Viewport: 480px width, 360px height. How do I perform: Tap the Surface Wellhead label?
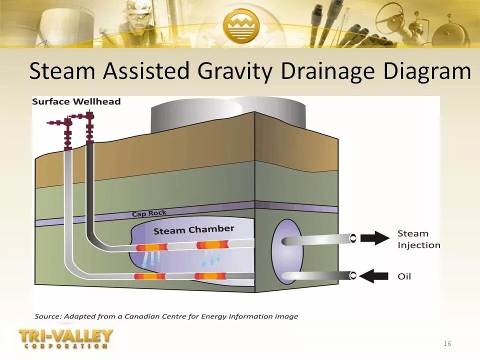click(76, 101)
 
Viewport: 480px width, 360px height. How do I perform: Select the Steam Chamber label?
click(193, 230)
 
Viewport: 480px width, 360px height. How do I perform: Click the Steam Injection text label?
click(418, 239)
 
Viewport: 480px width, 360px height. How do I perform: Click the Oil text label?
click(404, 276)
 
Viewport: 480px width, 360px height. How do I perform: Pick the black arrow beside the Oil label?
click(374, 275)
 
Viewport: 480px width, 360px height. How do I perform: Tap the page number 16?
click(447, 343)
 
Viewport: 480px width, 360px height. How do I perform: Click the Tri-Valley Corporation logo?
click(65, 338)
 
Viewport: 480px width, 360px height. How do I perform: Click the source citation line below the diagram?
click(166, 316)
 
